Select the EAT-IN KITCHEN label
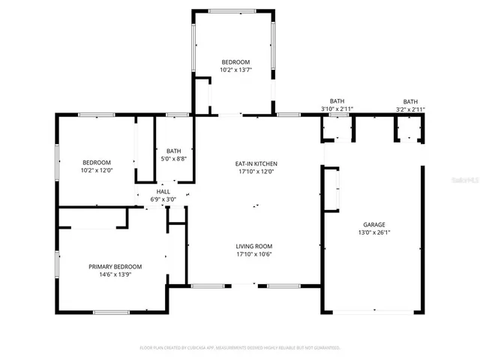pyautogui.click(x=256, y=163)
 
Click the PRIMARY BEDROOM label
pyautogui.click(x=115, y=267)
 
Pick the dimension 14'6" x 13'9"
pyautogui.click(x=115, y=275)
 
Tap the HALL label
pyautogui.click(x=163, y=192)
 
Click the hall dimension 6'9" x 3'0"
pyautogui.click(x=163, y=199)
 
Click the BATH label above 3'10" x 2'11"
pyautogui.click(x=337, y=101)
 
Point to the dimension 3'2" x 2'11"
pyautogui.click(x=410, y=109)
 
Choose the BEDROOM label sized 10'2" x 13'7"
pyautogui.click(x=235, y=61)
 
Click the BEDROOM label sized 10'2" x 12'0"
pyautogui.click(x=97, y=163)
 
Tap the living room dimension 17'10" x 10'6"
pyautogui.click(x=253, y=254)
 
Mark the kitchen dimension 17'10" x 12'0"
pyautogui.click(x=256, y=172)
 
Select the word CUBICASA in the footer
pyautogui.click(x=196, y=348)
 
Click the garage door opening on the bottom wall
pyautogui.click(x=373, y=312)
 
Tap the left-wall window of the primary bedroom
pyautogui.click(x=57, y=263)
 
